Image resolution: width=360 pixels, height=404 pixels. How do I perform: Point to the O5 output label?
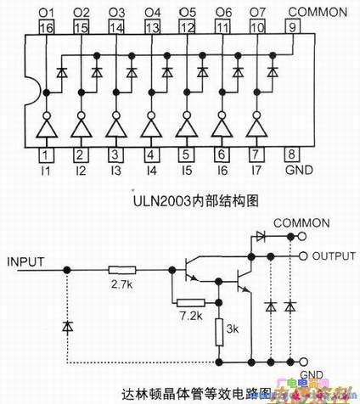point(187,12)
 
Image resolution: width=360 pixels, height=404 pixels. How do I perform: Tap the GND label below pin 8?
point(294,171)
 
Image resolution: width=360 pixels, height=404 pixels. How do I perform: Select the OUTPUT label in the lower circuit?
point(334,255)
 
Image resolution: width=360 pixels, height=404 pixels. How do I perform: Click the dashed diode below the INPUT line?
point(67,326)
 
